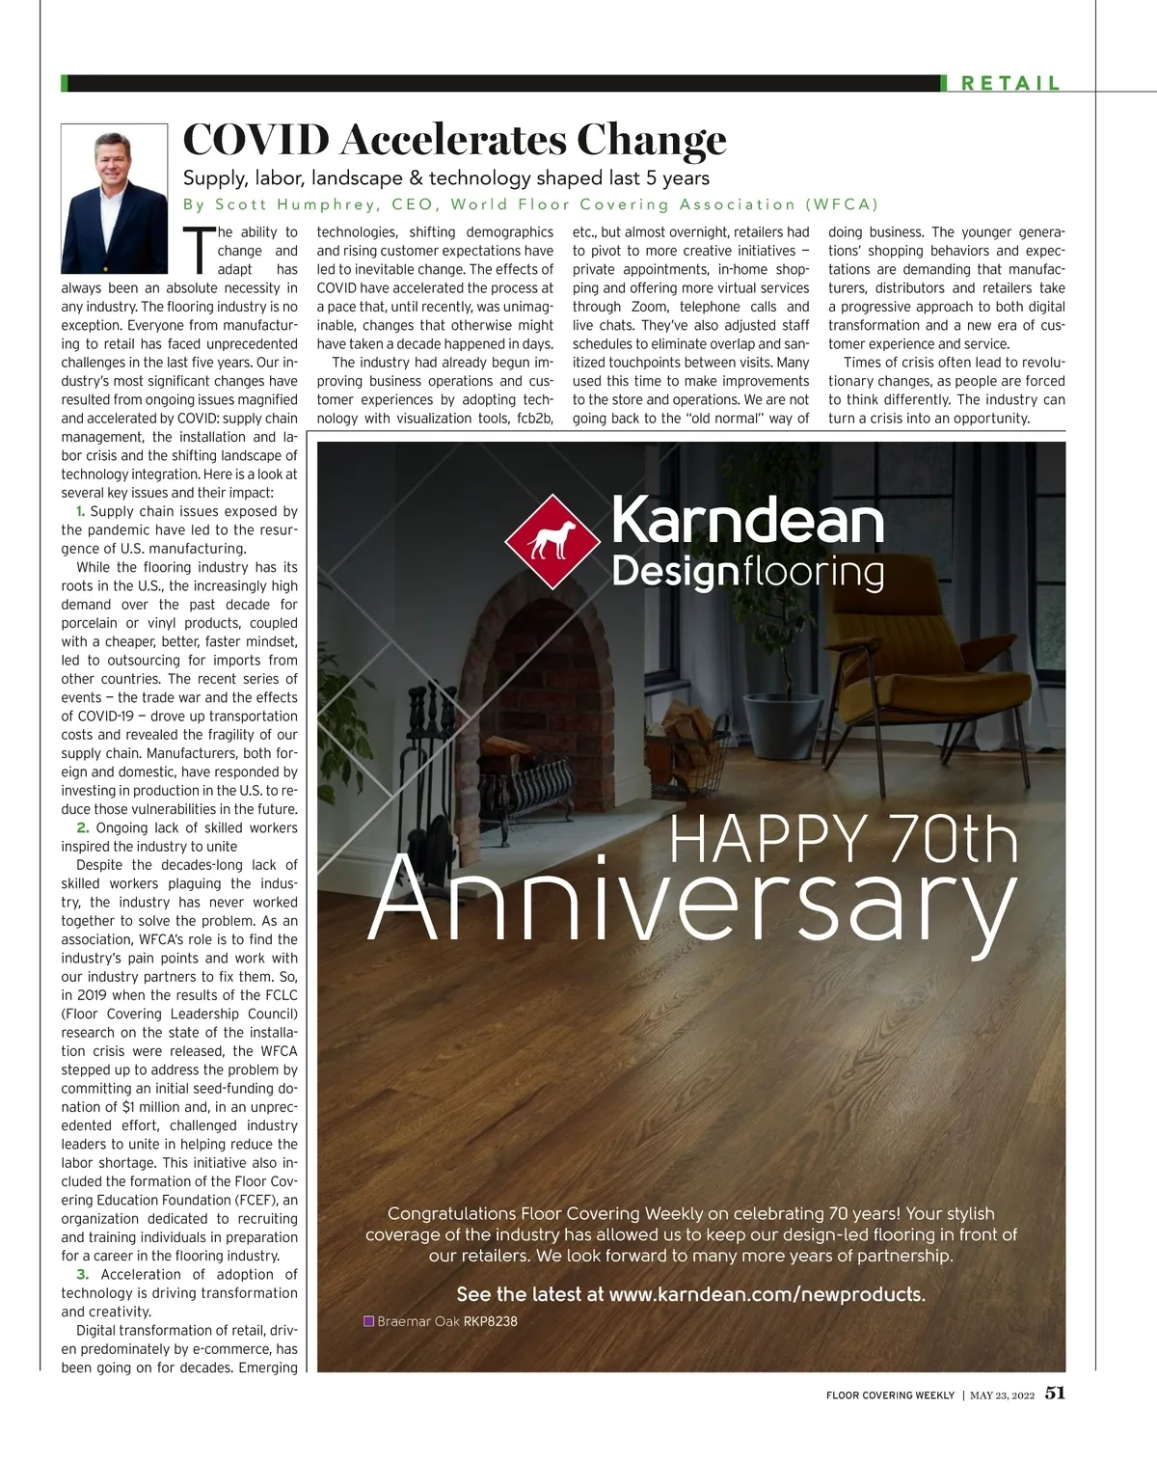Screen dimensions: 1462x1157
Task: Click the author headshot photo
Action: tap(115, 199)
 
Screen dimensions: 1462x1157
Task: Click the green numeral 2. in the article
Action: tap(82, 828)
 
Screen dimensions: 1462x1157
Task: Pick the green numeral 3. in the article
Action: tap(82, 1275)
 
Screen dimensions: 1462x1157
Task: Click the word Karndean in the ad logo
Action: tap(747, 521)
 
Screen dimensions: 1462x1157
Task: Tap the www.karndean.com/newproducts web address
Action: tap(767, 1294)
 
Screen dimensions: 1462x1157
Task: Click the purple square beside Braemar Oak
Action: tap(368, 1321)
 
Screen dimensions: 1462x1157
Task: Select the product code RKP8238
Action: tap(491, 1321)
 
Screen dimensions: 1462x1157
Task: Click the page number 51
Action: tap(1055, 1394)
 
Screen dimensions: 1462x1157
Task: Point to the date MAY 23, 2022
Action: tap(1002, 1395)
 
